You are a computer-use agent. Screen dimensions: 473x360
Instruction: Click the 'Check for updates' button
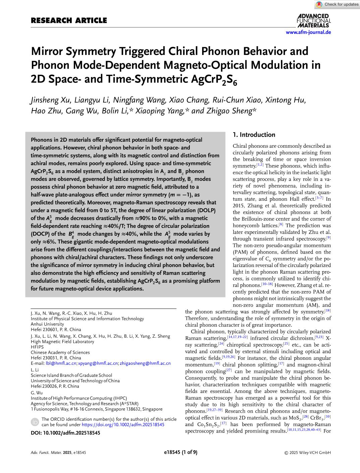[x=337, y=4]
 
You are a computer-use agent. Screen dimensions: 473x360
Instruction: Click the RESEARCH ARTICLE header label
[x=69, y=20]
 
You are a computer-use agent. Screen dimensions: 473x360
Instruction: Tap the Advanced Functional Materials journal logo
[x=313, y=20]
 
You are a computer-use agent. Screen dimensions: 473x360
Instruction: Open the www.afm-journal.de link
[x=308, y=32]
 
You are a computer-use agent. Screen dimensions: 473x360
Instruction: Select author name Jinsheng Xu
[x=50, y=100]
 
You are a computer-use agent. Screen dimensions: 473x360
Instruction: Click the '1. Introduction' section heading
[x=254, y=135]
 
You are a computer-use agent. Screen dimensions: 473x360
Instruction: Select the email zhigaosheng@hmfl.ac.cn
[x=145, y=363]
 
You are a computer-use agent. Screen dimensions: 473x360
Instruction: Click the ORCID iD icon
[x=35, y=422]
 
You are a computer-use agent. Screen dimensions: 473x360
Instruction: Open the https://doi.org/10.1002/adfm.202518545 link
[x=123, y=424]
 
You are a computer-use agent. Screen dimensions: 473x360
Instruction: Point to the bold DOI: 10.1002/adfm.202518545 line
[x=65, y=433]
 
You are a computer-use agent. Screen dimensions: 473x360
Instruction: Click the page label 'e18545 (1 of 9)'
[x=181, y=452]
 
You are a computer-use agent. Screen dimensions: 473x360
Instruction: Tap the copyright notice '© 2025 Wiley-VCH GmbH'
[x=307, y=453]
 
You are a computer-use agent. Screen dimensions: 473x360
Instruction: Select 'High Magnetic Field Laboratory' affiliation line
[x=62, y=341]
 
